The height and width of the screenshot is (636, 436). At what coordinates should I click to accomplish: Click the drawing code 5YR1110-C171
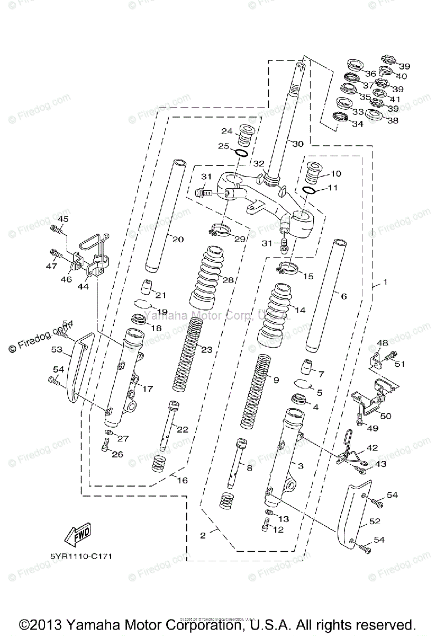78,556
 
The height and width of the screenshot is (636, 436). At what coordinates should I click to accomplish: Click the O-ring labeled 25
241,153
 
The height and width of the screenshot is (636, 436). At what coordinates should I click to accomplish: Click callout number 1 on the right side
385,282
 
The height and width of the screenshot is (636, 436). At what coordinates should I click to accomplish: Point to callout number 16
183,481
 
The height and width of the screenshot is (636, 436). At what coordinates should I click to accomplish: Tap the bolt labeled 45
56,229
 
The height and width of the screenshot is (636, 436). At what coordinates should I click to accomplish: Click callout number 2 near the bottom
203,535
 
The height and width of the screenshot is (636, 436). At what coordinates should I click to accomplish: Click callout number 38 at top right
392,120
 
